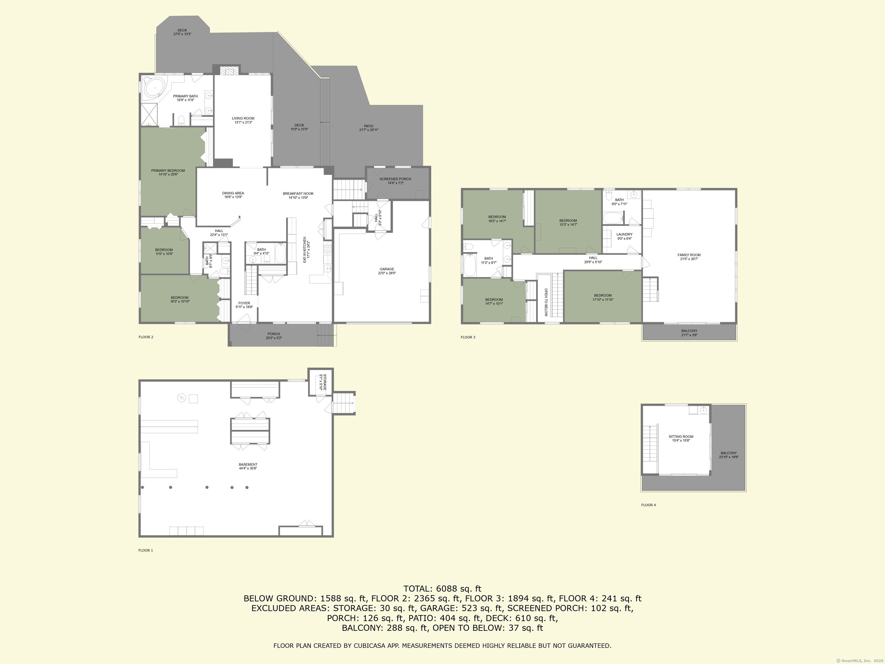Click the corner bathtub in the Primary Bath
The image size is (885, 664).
point(154,88)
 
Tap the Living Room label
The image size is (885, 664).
point(243,118)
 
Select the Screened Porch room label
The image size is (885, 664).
point(395,179)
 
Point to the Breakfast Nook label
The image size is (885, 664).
point(298,194)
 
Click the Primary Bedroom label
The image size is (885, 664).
point(168,171)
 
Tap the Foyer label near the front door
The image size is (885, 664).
point(244,303)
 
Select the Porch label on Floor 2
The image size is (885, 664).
point(274,334)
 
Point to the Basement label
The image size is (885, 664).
point(248,465)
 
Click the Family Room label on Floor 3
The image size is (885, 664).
point(689,255)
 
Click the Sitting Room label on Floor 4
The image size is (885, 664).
point(681,437)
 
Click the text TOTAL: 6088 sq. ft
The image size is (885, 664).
point(442,589)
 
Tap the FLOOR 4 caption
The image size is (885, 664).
point(648,505)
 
